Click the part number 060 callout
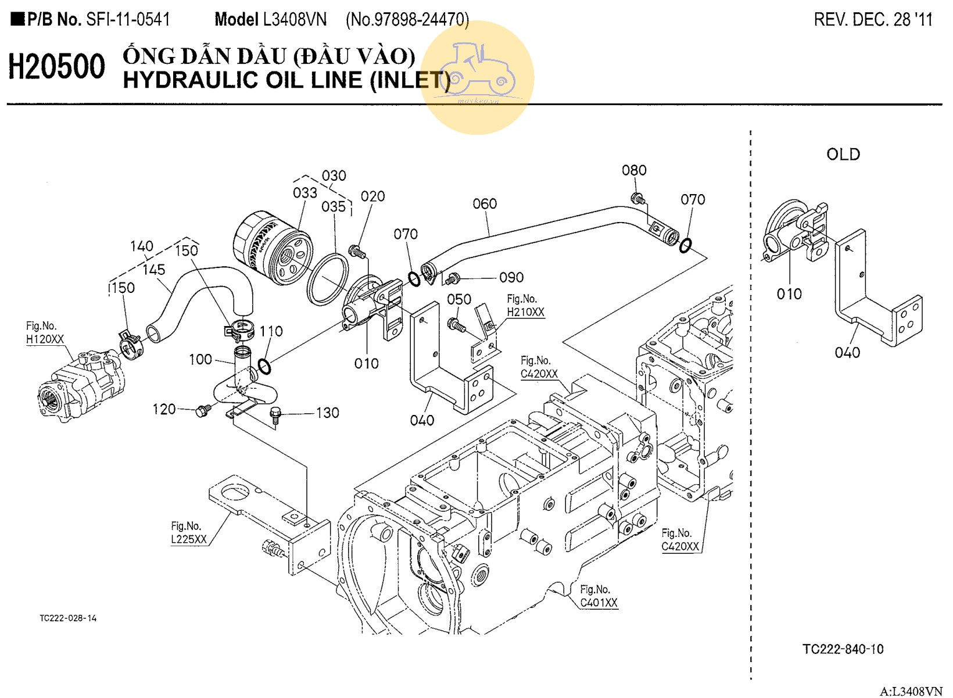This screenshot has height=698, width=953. (485, 204)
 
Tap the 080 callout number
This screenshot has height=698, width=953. (634, 170)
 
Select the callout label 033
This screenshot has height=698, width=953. (305, 193)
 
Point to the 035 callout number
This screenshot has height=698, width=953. (334, 207)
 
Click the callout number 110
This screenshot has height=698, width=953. (271, 331)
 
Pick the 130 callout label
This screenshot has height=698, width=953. (328, 413)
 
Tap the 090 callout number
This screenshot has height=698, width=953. (511, 277)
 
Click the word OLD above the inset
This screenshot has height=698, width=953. (843, 154)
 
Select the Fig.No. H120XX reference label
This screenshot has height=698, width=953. (45, 332)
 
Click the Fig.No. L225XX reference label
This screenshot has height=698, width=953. (188, 532)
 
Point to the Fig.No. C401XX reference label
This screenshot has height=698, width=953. (599, 596)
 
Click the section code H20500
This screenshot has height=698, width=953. (56, 66)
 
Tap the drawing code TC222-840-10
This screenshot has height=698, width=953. (843, 649)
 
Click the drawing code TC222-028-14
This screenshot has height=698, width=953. (68, 618)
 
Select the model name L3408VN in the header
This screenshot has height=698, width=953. (295, 20)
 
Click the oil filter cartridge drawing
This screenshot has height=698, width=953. (273, 248)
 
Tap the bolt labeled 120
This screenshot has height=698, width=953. (202, 411)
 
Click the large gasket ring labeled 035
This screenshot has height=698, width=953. (328, 280)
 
